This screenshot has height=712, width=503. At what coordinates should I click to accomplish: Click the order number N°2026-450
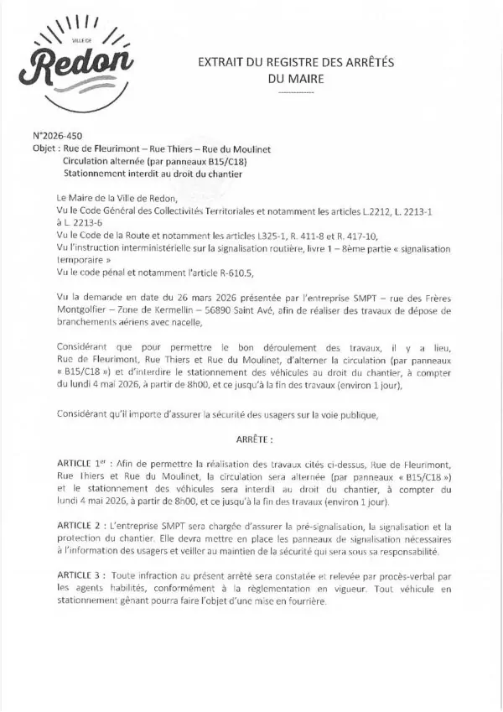[58, 135]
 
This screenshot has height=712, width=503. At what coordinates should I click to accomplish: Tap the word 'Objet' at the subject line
[45, 148]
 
